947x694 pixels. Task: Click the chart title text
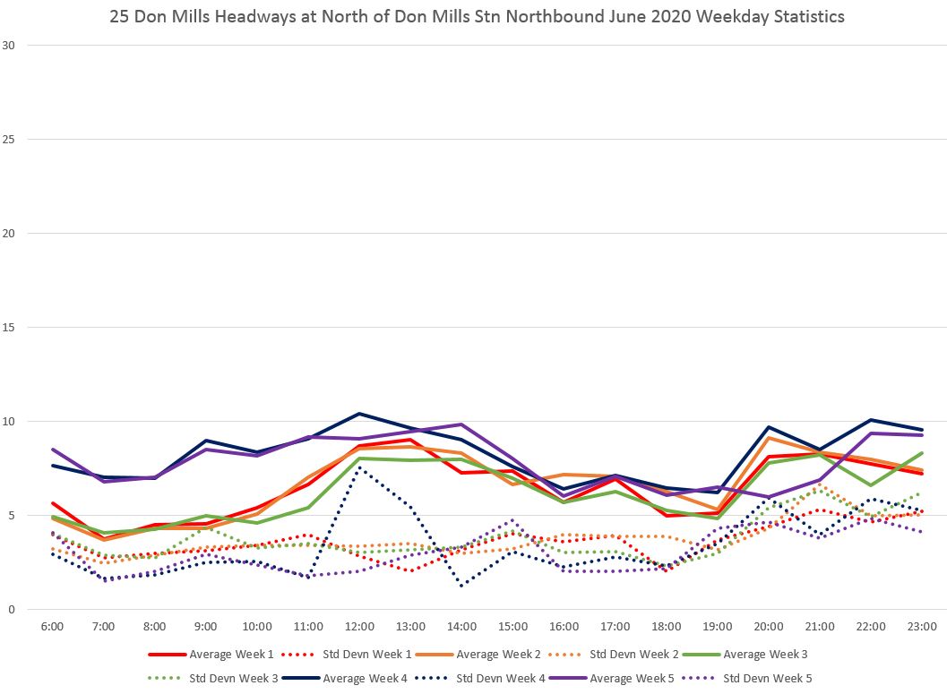point(476,17)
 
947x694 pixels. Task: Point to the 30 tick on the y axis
point(10,46)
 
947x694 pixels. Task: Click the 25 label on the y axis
point(10,140)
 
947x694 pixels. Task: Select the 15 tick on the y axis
point(10,328)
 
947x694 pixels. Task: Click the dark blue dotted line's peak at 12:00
point(359,468)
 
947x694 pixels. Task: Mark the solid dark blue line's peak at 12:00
point(359,414)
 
